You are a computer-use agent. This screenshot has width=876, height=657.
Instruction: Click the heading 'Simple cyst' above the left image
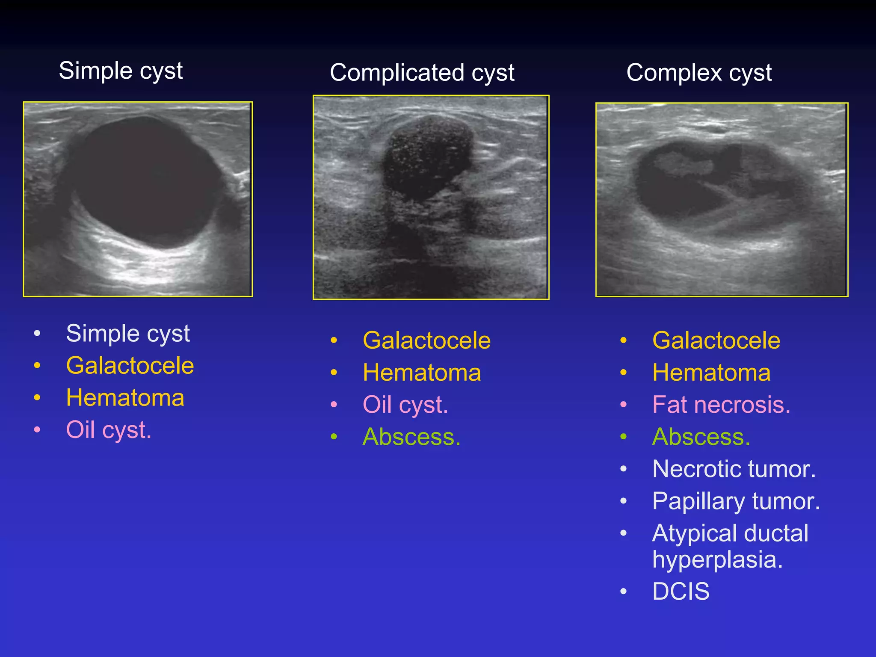point(121,71)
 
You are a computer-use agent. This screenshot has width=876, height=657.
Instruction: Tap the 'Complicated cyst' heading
point(422,73)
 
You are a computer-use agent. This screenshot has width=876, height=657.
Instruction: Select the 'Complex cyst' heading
point(699,73)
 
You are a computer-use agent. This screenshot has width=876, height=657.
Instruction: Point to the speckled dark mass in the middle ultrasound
point(426,158)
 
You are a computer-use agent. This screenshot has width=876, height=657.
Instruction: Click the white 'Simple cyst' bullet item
point(127,333)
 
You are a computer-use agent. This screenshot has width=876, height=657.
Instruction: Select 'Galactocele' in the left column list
point(130,366)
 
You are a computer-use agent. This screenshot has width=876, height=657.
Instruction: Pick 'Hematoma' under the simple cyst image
point(125,398)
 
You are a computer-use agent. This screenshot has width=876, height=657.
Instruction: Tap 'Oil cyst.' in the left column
point(109,430)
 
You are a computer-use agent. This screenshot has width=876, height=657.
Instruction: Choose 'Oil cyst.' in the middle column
point(405,405)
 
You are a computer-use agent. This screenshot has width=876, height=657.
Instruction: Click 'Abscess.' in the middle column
point(411,437)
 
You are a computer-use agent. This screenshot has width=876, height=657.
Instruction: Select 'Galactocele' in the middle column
point(426,340)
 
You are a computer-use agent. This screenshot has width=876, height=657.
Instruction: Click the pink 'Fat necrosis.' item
point(721,405)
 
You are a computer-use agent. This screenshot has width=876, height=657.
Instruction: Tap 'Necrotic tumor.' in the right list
point(734,469)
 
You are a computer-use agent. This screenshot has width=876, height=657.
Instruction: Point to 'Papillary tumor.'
point(736,501)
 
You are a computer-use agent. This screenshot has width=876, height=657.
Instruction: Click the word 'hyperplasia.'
point(717,559)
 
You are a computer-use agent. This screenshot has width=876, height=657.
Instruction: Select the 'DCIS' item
point(681,592)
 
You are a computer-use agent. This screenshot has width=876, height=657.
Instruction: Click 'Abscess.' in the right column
point(701,437)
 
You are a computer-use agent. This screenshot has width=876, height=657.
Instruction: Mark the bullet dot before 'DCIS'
point(624,592)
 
